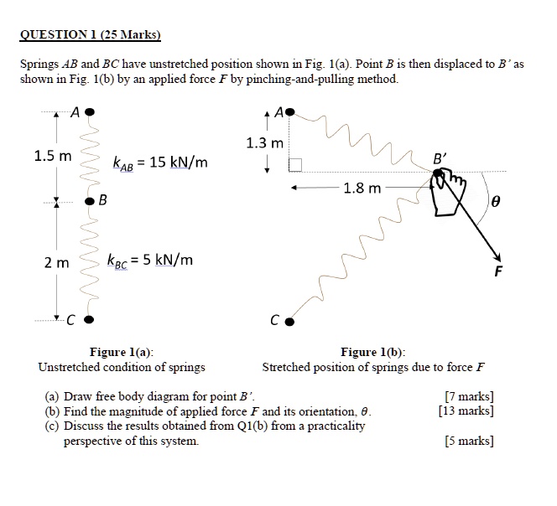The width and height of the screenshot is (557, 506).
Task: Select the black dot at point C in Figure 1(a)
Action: tap(89, 319)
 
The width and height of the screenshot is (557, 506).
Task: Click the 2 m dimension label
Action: tap(57, 262)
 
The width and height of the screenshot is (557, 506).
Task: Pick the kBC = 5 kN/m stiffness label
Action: tap(150, 260)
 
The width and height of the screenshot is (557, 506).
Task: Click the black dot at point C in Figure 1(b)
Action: tap(289, 320)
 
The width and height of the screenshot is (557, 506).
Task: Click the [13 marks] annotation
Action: tap(466, 410)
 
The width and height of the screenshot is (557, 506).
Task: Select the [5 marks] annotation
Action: tap(468, 441)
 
